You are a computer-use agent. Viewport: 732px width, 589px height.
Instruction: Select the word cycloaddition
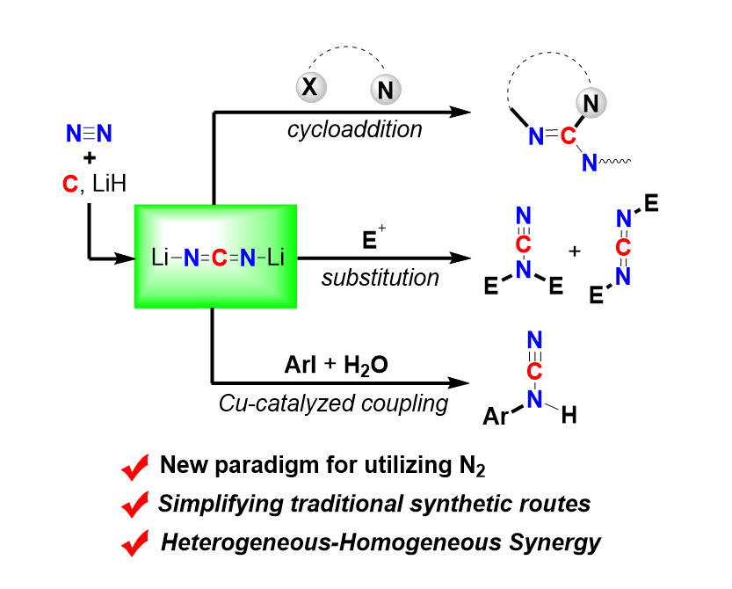tap(354, 129)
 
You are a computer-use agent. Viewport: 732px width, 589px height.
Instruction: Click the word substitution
tap(380, 278)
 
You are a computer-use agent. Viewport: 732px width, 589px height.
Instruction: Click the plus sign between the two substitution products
tap(575, 251)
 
